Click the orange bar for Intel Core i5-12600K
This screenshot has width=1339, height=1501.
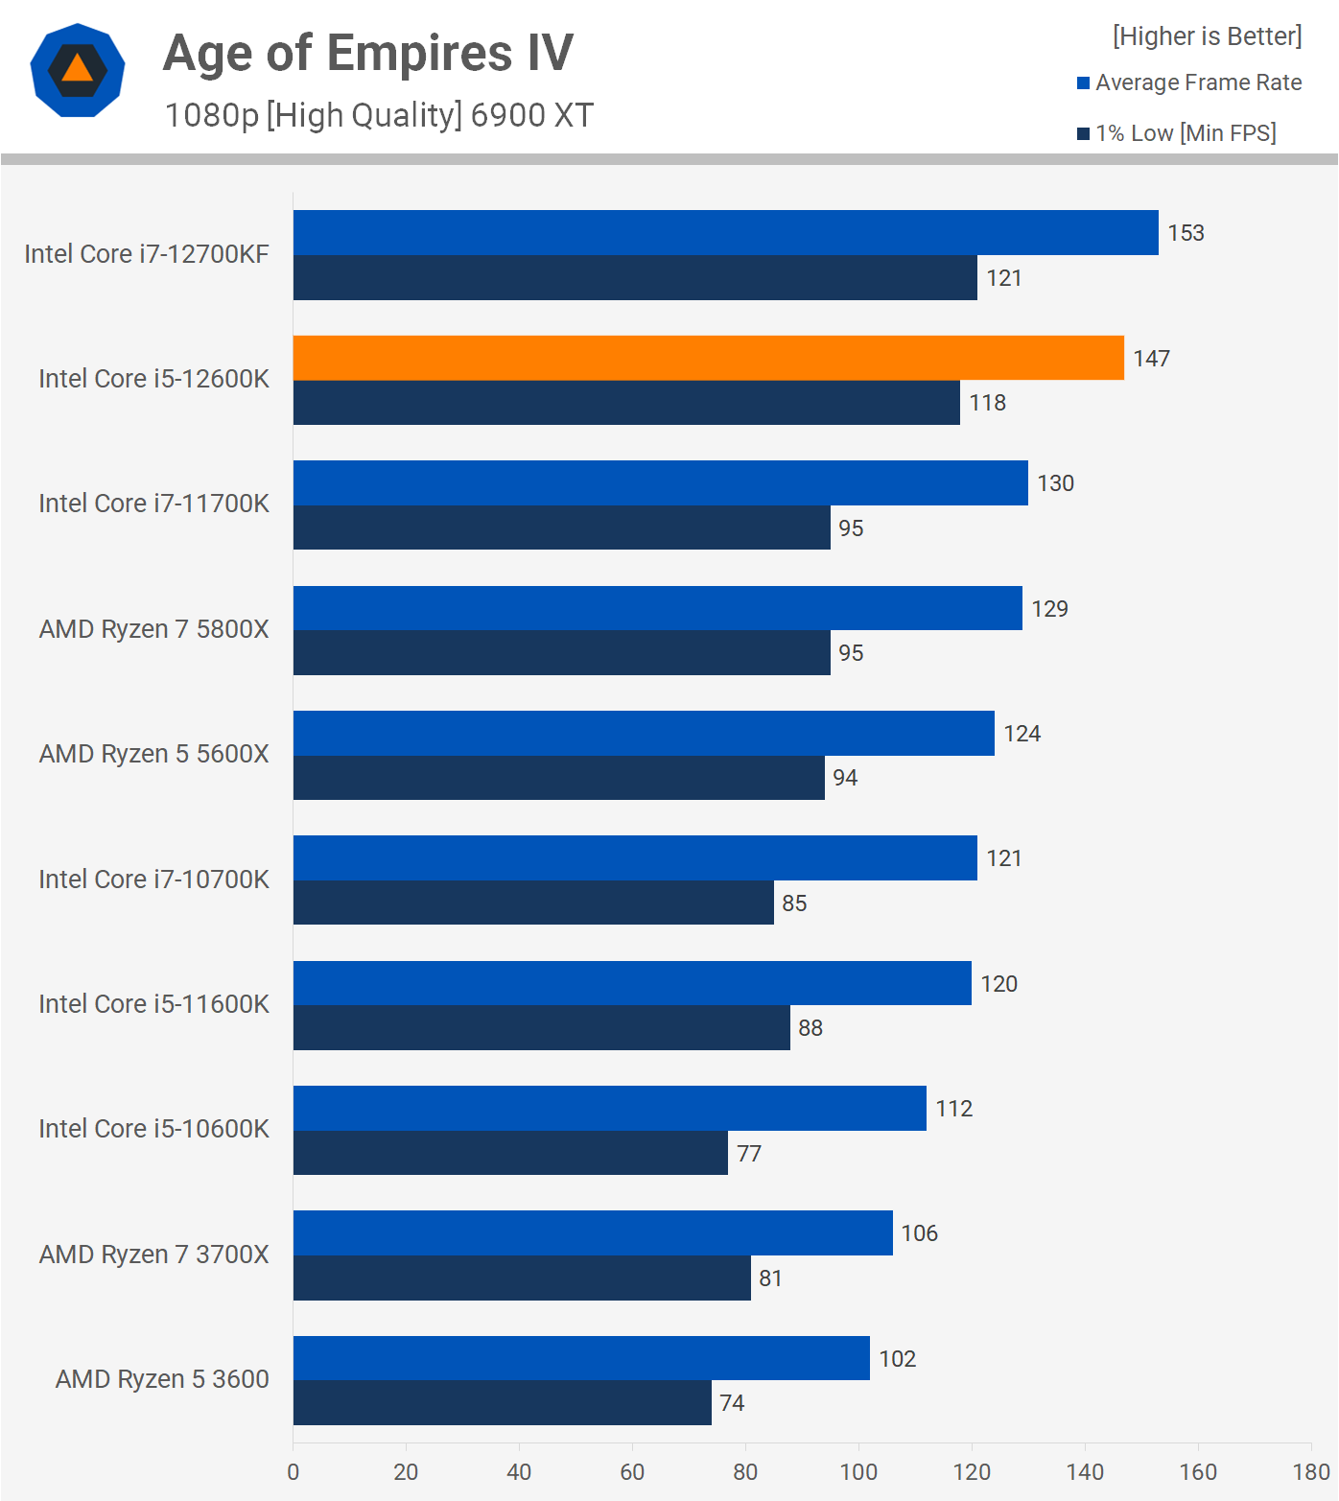coord(708,358)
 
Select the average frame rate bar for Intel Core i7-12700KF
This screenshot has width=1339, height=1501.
coord(725,233)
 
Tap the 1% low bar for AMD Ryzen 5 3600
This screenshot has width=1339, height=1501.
coord(502,1402)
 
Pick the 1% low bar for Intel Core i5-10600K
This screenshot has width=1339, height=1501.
coord(510,1153)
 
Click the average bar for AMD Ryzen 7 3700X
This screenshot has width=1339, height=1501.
coord(593,1233)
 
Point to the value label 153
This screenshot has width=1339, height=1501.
coord(1186,233)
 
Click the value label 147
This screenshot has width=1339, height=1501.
coord(1151,359)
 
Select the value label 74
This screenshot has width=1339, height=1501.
coord(732,1403)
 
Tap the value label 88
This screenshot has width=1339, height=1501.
coord(810,1028)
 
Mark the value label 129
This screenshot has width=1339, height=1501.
coord(1049,609)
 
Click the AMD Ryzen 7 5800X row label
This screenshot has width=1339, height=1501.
coord(153,629)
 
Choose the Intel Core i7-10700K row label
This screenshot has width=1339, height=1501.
coord(153,879)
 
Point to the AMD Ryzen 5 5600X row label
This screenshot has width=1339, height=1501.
coord(153,754)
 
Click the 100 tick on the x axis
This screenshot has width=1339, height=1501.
coord(858,1472)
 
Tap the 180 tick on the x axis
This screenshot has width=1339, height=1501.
coord(1311,1472)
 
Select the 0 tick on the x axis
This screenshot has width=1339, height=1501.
coord(293,1472)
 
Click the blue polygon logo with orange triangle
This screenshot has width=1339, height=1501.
coord(78,70)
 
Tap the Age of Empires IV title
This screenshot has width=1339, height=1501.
coord(368,53)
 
